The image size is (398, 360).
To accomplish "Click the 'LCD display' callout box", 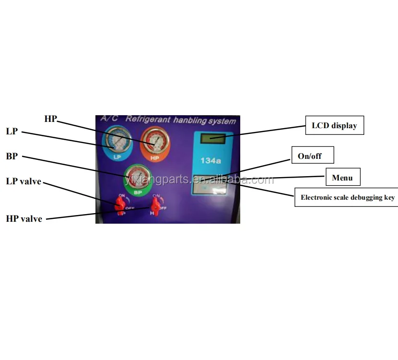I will pyautogui.click(x=335, y=126).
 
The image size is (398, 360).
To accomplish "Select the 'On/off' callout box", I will pyautogui.click(x=312, y=156).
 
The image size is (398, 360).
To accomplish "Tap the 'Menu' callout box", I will pyautogui.click(x=342, y=178).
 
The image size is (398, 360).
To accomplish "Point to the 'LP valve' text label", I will pyautogui.click(x=23, y=181).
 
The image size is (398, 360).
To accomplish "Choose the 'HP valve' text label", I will pyautogui.click(x=24, y=219).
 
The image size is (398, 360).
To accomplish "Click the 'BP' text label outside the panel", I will pyautogui.click(x=12, y=157).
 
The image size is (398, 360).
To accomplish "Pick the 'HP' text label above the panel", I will pyautogui.click(x=50, y=119).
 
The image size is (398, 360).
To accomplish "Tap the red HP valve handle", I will pyautogui.click(x=155, y=207).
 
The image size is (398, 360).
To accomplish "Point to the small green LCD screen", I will pyautogui.click(x=212, y=139).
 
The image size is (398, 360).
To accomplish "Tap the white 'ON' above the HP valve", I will pyautogui.click(x=156, y=196).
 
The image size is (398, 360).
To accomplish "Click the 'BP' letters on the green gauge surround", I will pyautogui.click(x=138, y=192).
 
